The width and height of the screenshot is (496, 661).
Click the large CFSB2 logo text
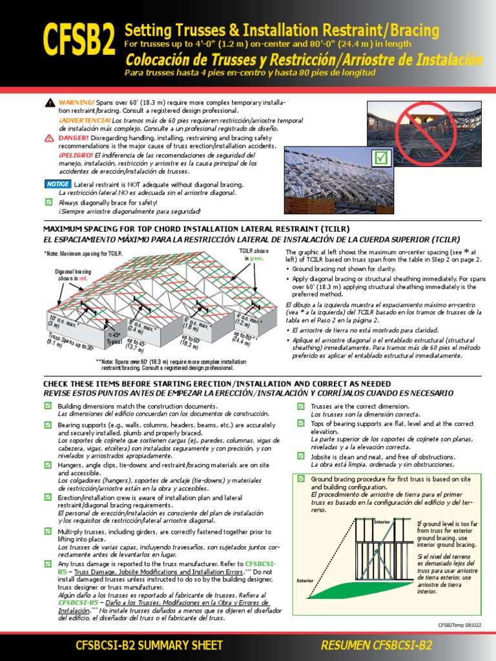coord(80,41)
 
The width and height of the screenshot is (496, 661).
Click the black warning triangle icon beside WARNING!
coord(50,103)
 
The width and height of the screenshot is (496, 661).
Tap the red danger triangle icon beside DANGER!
coord(50,138)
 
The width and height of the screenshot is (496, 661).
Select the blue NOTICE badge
coord(57,185)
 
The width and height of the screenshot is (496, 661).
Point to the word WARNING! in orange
coord(77,103)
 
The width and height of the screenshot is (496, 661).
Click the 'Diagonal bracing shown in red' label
coord(72,275)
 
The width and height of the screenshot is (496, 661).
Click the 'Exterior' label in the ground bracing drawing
coord(305,580)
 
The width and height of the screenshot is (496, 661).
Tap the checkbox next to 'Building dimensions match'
coord(48,405)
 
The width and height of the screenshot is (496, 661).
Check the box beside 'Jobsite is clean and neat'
coord(301,456)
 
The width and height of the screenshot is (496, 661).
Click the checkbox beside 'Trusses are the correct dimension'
coord(301,406)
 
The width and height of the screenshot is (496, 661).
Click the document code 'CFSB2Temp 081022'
coord(460,625)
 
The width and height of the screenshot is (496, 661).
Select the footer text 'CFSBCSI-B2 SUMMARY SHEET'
coord(149,645)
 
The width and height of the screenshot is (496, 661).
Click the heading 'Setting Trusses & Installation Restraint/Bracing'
coord(282,30)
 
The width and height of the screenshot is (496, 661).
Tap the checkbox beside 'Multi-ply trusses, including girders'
coord(48,531)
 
